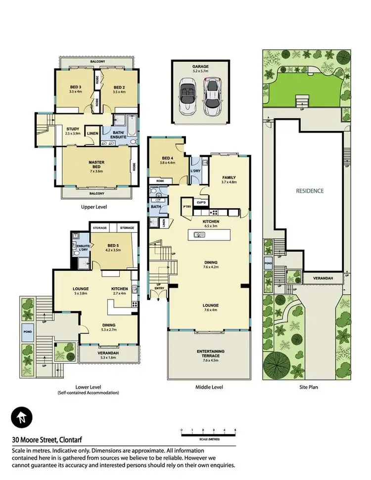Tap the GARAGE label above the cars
click(x=200, y=66)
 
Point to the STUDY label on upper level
click(x=73, y=129)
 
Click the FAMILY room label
click(x=229, y=177)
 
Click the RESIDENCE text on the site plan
click(x=310, y=190)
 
